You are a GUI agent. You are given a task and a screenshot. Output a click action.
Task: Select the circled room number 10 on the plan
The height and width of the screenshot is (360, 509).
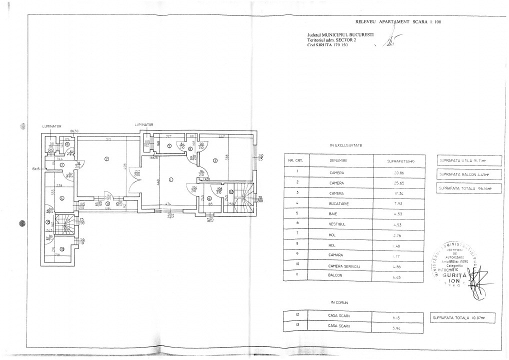[61, 249]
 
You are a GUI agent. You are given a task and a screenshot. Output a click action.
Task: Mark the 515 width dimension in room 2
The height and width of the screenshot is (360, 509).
[107, 139]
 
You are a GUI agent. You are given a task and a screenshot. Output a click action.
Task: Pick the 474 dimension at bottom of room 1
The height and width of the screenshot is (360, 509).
[168, 203]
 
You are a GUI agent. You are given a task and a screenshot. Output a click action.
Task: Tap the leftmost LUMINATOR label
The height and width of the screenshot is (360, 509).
[51, 126]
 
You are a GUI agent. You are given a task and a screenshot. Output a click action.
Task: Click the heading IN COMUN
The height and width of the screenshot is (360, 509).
[339, 302]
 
